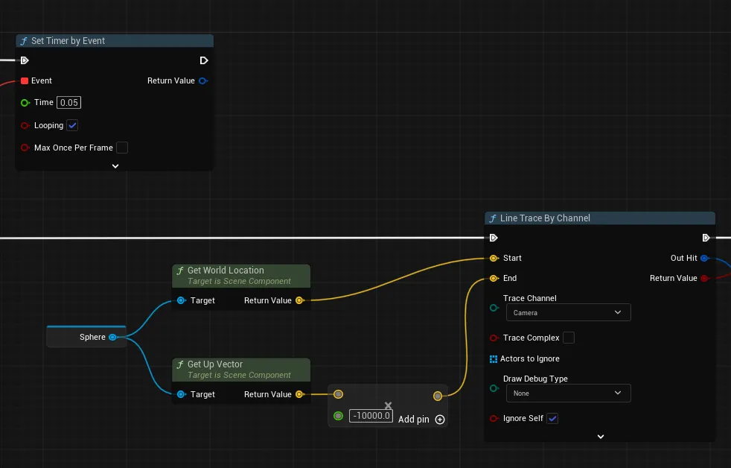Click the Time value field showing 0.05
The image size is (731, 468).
click(68, 103)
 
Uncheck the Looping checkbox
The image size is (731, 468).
click(72, 125)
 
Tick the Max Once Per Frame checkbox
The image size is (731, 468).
click(121, 148)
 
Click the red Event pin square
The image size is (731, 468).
click(25, 80)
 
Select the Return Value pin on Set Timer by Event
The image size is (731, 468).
click(202, 80)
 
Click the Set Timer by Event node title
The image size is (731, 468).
click(68, 41)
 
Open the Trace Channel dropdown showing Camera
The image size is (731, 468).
click(568, 313)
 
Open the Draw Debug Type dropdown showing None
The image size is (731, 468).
click(568, 393)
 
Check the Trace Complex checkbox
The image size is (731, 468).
click(568, 338)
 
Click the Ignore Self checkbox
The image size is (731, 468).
click(552, 419)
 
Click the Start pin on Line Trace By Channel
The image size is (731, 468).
click(494, 258)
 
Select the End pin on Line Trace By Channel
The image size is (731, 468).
click(494, 279)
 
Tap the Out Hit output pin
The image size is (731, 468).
click(704, 258)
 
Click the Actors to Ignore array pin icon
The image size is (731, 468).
click(494, 358)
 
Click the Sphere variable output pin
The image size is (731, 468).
click(113, 337)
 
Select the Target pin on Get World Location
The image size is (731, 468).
click(182, 300)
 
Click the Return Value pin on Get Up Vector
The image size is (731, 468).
click(299, 394)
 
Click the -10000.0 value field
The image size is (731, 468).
click(371, 416)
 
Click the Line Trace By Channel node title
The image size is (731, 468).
click(545, 218)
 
